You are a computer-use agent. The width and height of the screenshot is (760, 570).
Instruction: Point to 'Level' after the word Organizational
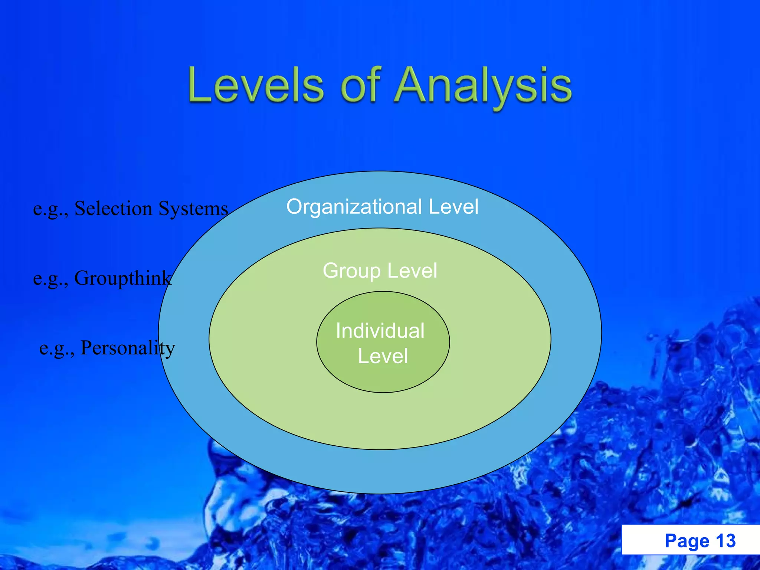(x=453, y=207)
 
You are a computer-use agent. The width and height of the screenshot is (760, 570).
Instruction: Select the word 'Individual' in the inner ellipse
(x=380, y=331)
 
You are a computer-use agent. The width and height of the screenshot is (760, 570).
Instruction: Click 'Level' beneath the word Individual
(x=383, y=356)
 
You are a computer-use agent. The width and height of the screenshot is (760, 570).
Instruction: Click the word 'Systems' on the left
(x=193, y=208)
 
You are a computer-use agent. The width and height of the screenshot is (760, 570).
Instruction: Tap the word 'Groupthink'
(x=123, y=278)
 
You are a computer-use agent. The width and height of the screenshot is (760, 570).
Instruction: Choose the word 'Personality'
(x=128, y=348)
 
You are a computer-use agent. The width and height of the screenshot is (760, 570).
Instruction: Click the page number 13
(x=725, y=541)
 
